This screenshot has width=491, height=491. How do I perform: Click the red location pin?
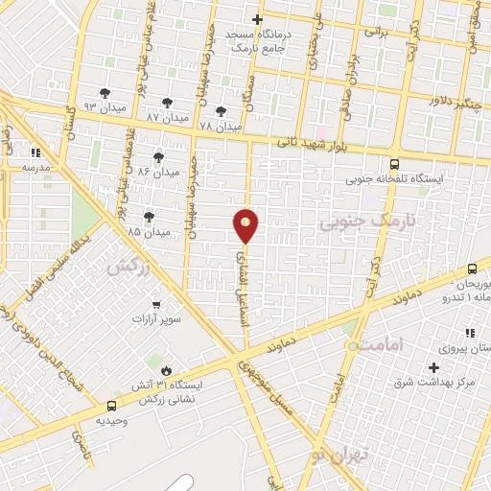tap(246, 224)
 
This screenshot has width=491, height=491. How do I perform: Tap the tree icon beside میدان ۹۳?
tap(105, 93)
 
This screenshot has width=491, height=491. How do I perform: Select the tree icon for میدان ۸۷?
tap(168, 103)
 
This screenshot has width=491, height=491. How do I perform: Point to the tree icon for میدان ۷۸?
tap(222, 111)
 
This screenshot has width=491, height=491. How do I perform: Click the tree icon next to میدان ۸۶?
tap(158, 157)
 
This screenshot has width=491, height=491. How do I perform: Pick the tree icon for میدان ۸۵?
tap(149, 217)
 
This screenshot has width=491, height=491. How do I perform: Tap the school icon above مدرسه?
tap(35, 152)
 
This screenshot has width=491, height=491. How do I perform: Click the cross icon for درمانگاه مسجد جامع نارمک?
tap(256, 19)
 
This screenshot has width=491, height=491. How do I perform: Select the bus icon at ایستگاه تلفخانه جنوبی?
tap(395, 164)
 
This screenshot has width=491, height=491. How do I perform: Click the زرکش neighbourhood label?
tap(129, 268)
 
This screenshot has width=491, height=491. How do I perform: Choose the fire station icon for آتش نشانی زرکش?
tap(166, 368)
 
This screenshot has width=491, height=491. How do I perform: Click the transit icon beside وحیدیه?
tap(112, 407)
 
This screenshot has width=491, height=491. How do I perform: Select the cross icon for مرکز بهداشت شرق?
tap(433, 368)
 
